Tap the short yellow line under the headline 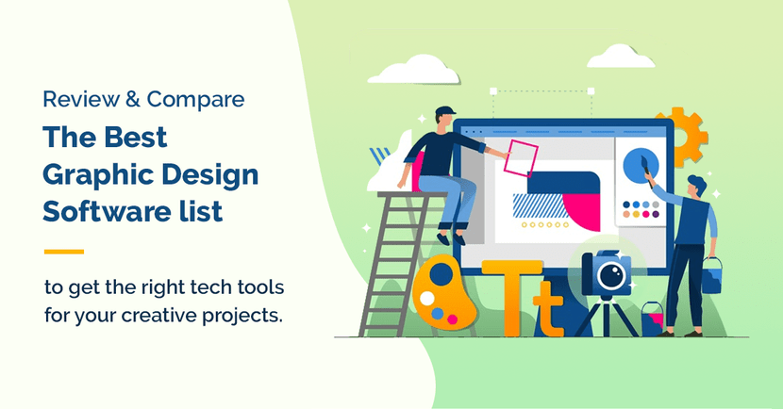[x=64, y=252]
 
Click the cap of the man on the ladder [x=446, y=114]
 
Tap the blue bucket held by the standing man [x=712, y=276]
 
